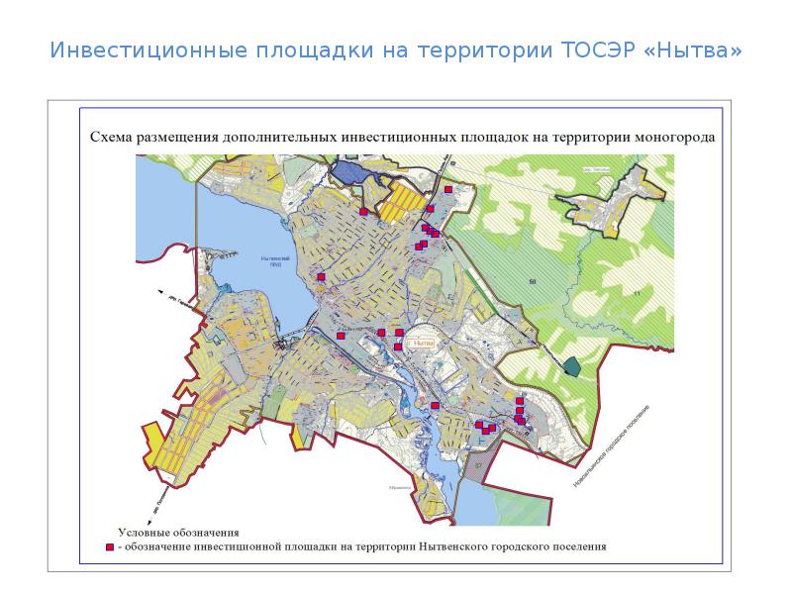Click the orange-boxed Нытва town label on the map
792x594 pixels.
pyautogui.click(x=423, y=343)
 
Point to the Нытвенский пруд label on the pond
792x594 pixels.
pyautogui.click(x=272, y=262)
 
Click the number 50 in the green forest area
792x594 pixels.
pyautogui.click(x=532, y=282)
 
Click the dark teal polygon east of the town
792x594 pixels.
pyautogui.click(x=572, y=364)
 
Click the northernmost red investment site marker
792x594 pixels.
pyautogui.click(x=448, y=189)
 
